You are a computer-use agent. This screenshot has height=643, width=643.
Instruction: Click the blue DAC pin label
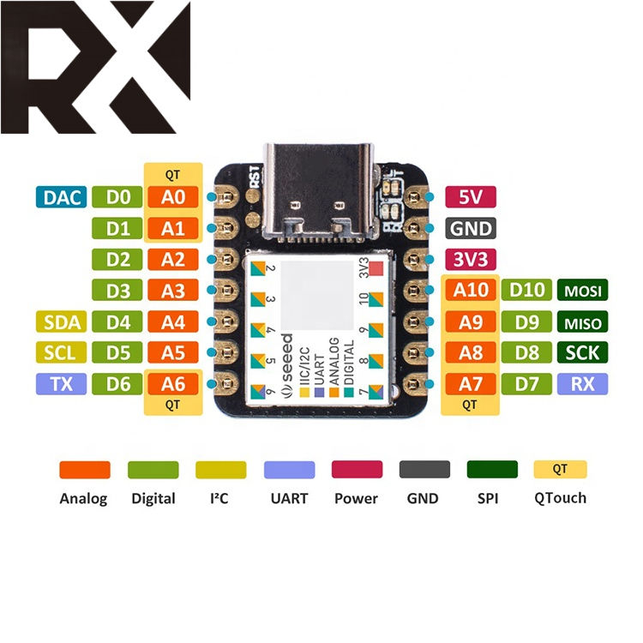pyautogui.click(x=63, y=197)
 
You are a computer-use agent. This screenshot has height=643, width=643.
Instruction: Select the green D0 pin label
pyautogui.click(x=118, y=197)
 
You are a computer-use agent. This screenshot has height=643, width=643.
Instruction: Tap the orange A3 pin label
pyautogui.click(x=173, y=291)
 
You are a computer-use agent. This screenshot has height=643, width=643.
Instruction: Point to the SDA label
pyautogui.click(x=63, y=322)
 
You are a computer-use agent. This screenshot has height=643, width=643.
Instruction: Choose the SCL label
pyautogui.click(x=63, y=352)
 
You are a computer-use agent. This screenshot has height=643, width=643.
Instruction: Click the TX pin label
pyautogui.click(x=63, y=383)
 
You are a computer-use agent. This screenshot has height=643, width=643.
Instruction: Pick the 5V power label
pyautogui.click(x=471, y=197)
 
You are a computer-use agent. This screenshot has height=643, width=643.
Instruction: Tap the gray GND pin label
pyautogui.click(x=471, y=228)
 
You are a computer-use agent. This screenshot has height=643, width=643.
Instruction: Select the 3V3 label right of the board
pyautogui.click(x=471, y=259)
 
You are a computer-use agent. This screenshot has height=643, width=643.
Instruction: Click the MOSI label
pyautogui.click(x=582, y=291)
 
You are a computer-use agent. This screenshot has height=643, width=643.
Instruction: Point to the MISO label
pyautogui.click(x=582, y=322)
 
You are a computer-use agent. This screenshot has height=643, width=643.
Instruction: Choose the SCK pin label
pyautogui.click(x=582, y=352)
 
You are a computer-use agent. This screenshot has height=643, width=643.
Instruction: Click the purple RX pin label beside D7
pyautogui.click(x=582, y=383)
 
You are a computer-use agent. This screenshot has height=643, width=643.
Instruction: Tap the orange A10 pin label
pyautogui.click(x=471, y=291)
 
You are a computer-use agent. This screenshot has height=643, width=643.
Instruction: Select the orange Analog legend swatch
pyautogui.click(x=84, y=470)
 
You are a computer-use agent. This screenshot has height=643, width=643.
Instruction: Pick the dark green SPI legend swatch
pyautogui.click(x=492, y=470)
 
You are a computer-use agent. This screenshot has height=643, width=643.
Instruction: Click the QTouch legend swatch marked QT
pyautogui.click(x=560, y=469)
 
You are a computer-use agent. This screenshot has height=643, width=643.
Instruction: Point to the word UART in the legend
pyautogui.click(x=289, y=497)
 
